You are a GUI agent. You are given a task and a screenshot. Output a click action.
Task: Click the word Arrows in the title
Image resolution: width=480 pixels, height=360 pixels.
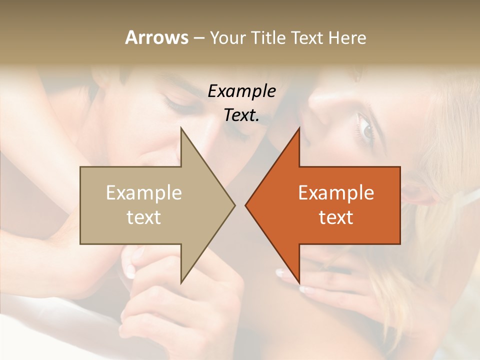point(156,37)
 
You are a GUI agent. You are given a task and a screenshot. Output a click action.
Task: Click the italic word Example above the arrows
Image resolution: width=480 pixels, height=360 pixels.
point(242,91)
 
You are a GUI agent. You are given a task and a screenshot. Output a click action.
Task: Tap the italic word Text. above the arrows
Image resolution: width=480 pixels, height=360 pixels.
point(242,115)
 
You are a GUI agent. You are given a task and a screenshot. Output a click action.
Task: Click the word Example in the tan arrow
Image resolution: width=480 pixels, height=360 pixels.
point(144,192)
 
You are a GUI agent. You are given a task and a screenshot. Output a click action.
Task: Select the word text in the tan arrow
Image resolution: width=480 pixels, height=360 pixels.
point(144,217)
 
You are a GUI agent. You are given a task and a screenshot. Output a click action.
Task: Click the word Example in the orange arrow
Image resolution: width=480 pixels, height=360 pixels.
point(336,192)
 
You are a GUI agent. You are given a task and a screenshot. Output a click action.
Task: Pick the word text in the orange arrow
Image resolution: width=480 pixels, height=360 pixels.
point(336,217)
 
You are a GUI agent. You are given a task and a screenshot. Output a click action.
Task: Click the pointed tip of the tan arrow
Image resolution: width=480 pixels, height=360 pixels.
point(234,205)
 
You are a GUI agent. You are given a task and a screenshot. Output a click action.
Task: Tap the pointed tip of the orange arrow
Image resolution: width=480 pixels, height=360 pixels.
point(245,205)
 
